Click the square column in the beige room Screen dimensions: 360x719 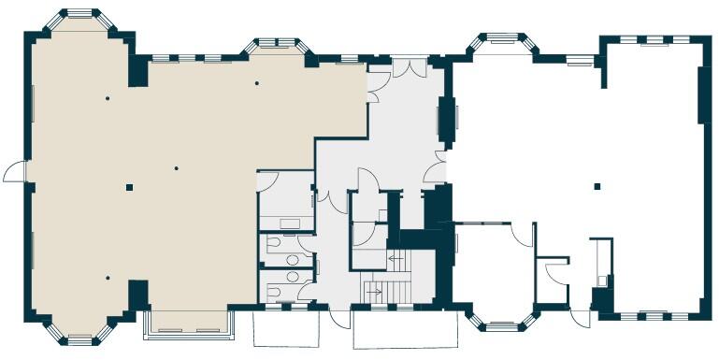[129, 187]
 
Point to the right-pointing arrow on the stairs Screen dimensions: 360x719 [377, 291]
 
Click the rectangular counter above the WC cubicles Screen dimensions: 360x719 [287, 223]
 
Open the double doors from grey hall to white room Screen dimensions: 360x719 [435, 172]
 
